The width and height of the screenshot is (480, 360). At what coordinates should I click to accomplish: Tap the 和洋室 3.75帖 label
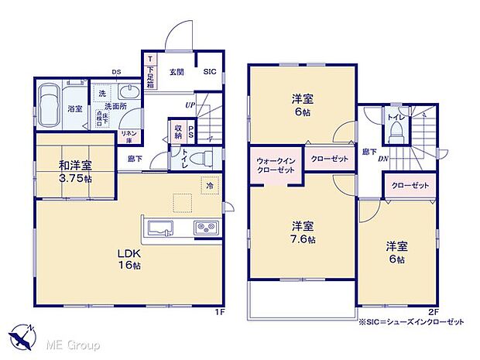75,170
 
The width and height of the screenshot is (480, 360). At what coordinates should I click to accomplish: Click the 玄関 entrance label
176,72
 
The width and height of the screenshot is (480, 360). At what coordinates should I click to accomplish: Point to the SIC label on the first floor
210,72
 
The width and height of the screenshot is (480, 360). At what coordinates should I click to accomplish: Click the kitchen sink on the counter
161,227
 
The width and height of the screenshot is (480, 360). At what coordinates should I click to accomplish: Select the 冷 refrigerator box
209,186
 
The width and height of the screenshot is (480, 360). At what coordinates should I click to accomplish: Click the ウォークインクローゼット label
274,165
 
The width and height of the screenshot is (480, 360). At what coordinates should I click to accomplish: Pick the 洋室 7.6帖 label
303,232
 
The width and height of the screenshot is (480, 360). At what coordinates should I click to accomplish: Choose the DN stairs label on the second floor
383,159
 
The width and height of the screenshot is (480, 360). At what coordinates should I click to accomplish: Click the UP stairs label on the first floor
190,105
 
